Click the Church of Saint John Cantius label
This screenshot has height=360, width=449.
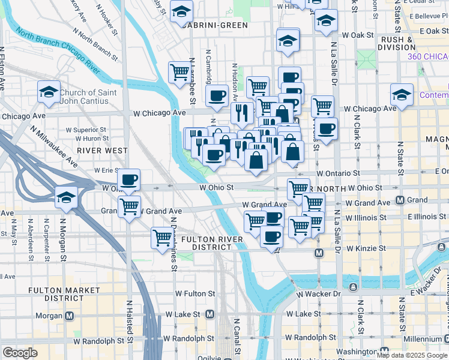(x=90, y=97)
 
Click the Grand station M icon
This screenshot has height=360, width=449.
(x=400, y=200)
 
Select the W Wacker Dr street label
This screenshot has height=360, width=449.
(x=316, y=293)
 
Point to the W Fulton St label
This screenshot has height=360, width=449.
(x=194, y=293)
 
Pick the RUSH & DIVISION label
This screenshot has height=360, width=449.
(x=397, y=43)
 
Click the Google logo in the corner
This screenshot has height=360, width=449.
(x=20, y=353)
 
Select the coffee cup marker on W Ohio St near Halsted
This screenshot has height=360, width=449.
(x=129, y=179)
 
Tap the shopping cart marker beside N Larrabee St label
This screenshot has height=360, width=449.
(x=179, y=73)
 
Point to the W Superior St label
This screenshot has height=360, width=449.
(x=86, y=129)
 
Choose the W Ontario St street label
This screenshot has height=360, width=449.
(x=337, y=173)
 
